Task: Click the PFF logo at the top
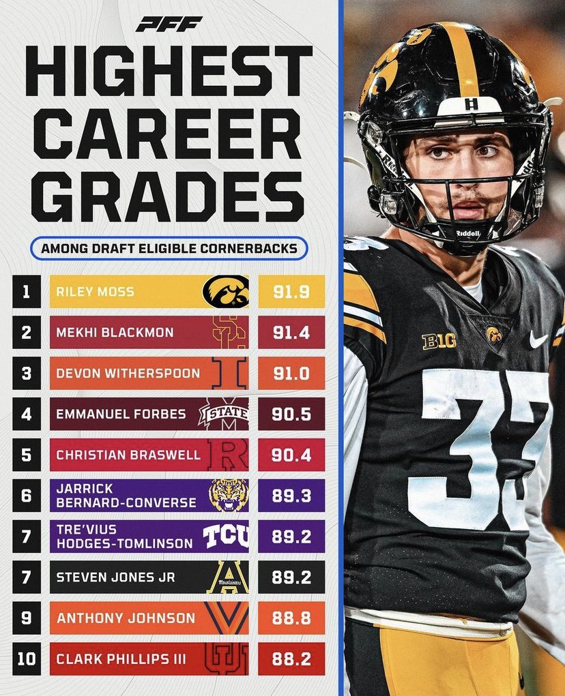point(169,25)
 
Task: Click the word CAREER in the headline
point(169,134)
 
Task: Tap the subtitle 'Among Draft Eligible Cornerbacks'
point(169,248)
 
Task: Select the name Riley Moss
point(95,292)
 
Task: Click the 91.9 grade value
point(291,292)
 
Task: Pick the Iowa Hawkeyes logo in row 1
point(226,291)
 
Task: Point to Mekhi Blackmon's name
point(115,333)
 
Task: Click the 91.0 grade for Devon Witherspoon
point(291,374)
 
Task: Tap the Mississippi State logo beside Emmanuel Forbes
point(224,414)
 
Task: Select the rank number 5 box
point(27,455)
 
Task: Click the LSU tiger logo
point(229,496)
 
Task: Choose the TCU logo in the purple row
point(226,536)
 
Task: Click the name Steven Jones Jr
point(115,577)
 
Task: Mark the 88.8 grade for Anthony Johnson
point(291,618)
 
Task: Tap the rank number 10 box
point(27,659)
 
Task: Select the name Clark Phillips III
point(121,659)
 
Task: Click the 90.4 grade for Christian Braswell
point(291,455)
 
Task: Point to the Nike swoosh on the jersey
point(539,339)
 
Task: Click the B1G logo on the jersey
point(439,342)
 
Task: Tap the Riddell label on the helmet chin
point(467,233)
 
